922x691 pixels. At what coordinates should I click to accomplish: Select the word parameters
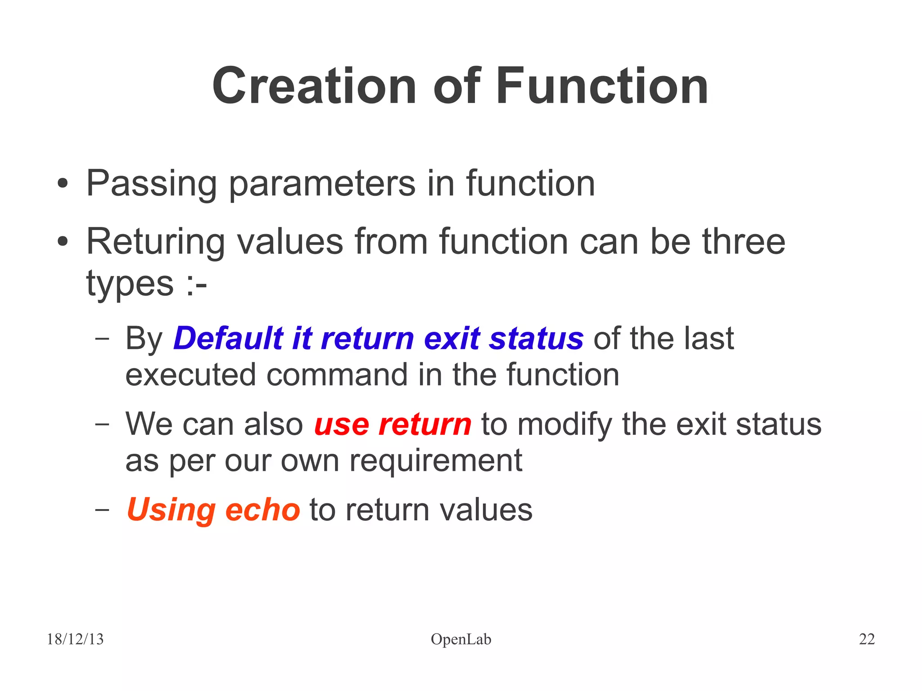tap(322, 184)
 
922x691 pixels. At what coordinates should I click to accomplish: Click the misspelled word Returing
tap(155, 242)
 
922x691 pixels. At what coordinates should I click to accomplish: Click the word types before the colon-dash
tap(130, 284)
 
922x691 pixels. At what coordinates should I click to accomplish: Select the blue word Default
tap(229, 338)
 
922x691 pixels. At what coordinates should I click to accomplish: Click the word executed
tap(191, 375)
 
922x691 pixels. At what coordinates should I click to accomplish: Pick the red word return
tap(425, 424)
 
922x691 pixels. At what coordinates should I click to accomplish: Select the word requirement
tap(436, 460)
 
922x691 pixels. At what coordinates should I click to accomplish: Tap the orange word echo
tap(262, 510)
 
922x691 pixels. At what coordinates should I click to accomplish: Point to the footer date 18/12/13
tap(75, 639)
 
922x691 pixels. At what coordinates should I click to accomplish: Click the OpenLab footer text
tap(461, 639)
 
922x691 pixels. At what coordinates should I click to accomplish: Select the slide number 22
tap(867, 639)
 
